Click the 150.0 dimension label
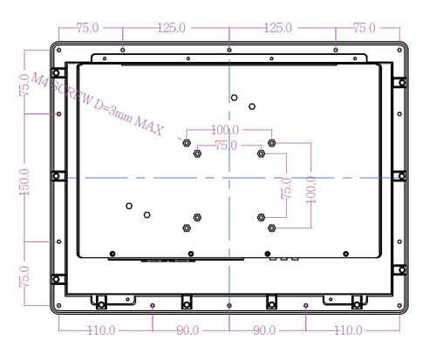24,182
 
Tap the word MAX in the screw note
149,126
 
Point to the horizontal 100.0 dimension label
225,130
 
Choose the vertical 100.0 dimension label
310,190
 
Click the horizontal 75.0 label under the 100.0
226,146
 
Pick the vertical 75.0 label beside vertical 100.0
286,189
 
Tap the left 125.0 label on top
172,28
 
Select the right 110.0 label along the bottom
348,330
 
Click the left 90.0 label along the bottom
187,330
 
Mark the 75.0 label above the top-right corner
364,28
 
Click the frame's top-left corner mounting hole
59,50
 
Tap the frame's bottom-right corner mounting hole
399,306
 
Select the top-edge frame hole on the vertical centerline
229,50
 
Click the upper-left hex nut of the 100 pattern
187,143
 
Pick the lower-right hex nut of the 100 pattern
272,228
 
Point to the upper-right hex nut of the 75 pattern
261,153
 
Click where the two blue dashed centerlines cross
229,178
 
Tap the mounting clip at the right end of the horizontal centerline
400,176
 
